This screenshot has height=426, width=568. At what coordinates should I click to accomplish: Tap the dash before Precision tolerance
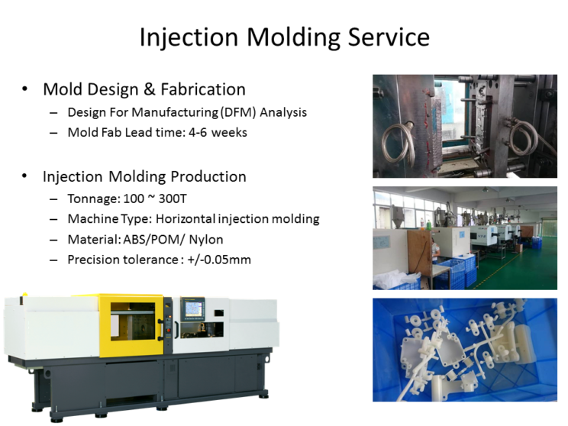coord(53,260)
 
